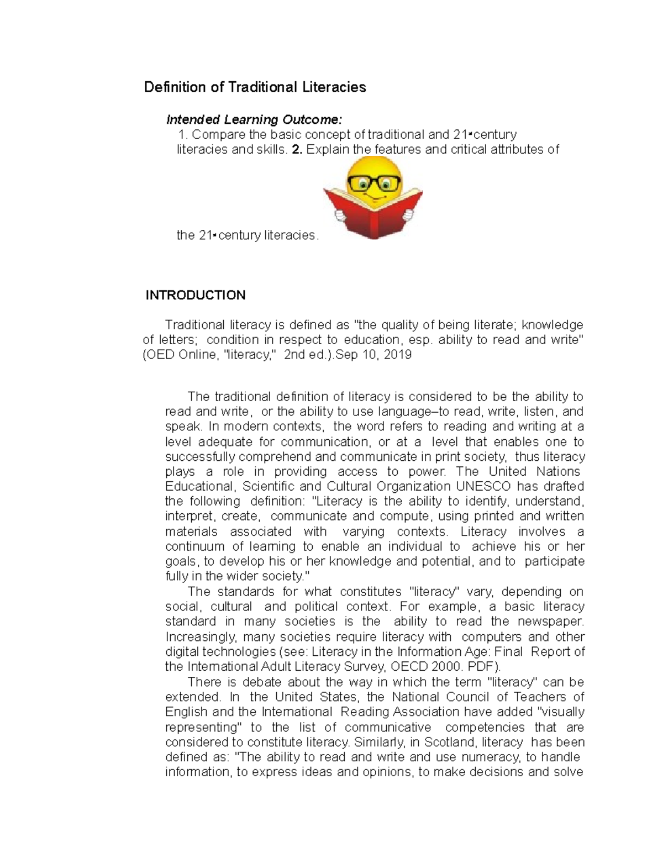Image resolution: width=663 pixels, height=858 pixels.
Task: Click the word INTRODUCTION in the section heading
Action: pos(195,295)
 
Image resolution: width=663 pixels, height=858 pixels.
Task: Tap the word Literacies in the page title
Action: pos(334,87)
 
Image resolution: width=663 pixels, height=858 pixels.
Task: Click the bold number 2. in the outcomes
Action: pos(297,149)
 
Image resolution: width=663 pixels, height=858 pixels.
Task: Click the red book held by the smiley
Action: pos(373,213)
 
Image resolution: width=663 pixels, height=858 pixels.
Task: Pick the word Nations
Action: pos(558,471)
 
